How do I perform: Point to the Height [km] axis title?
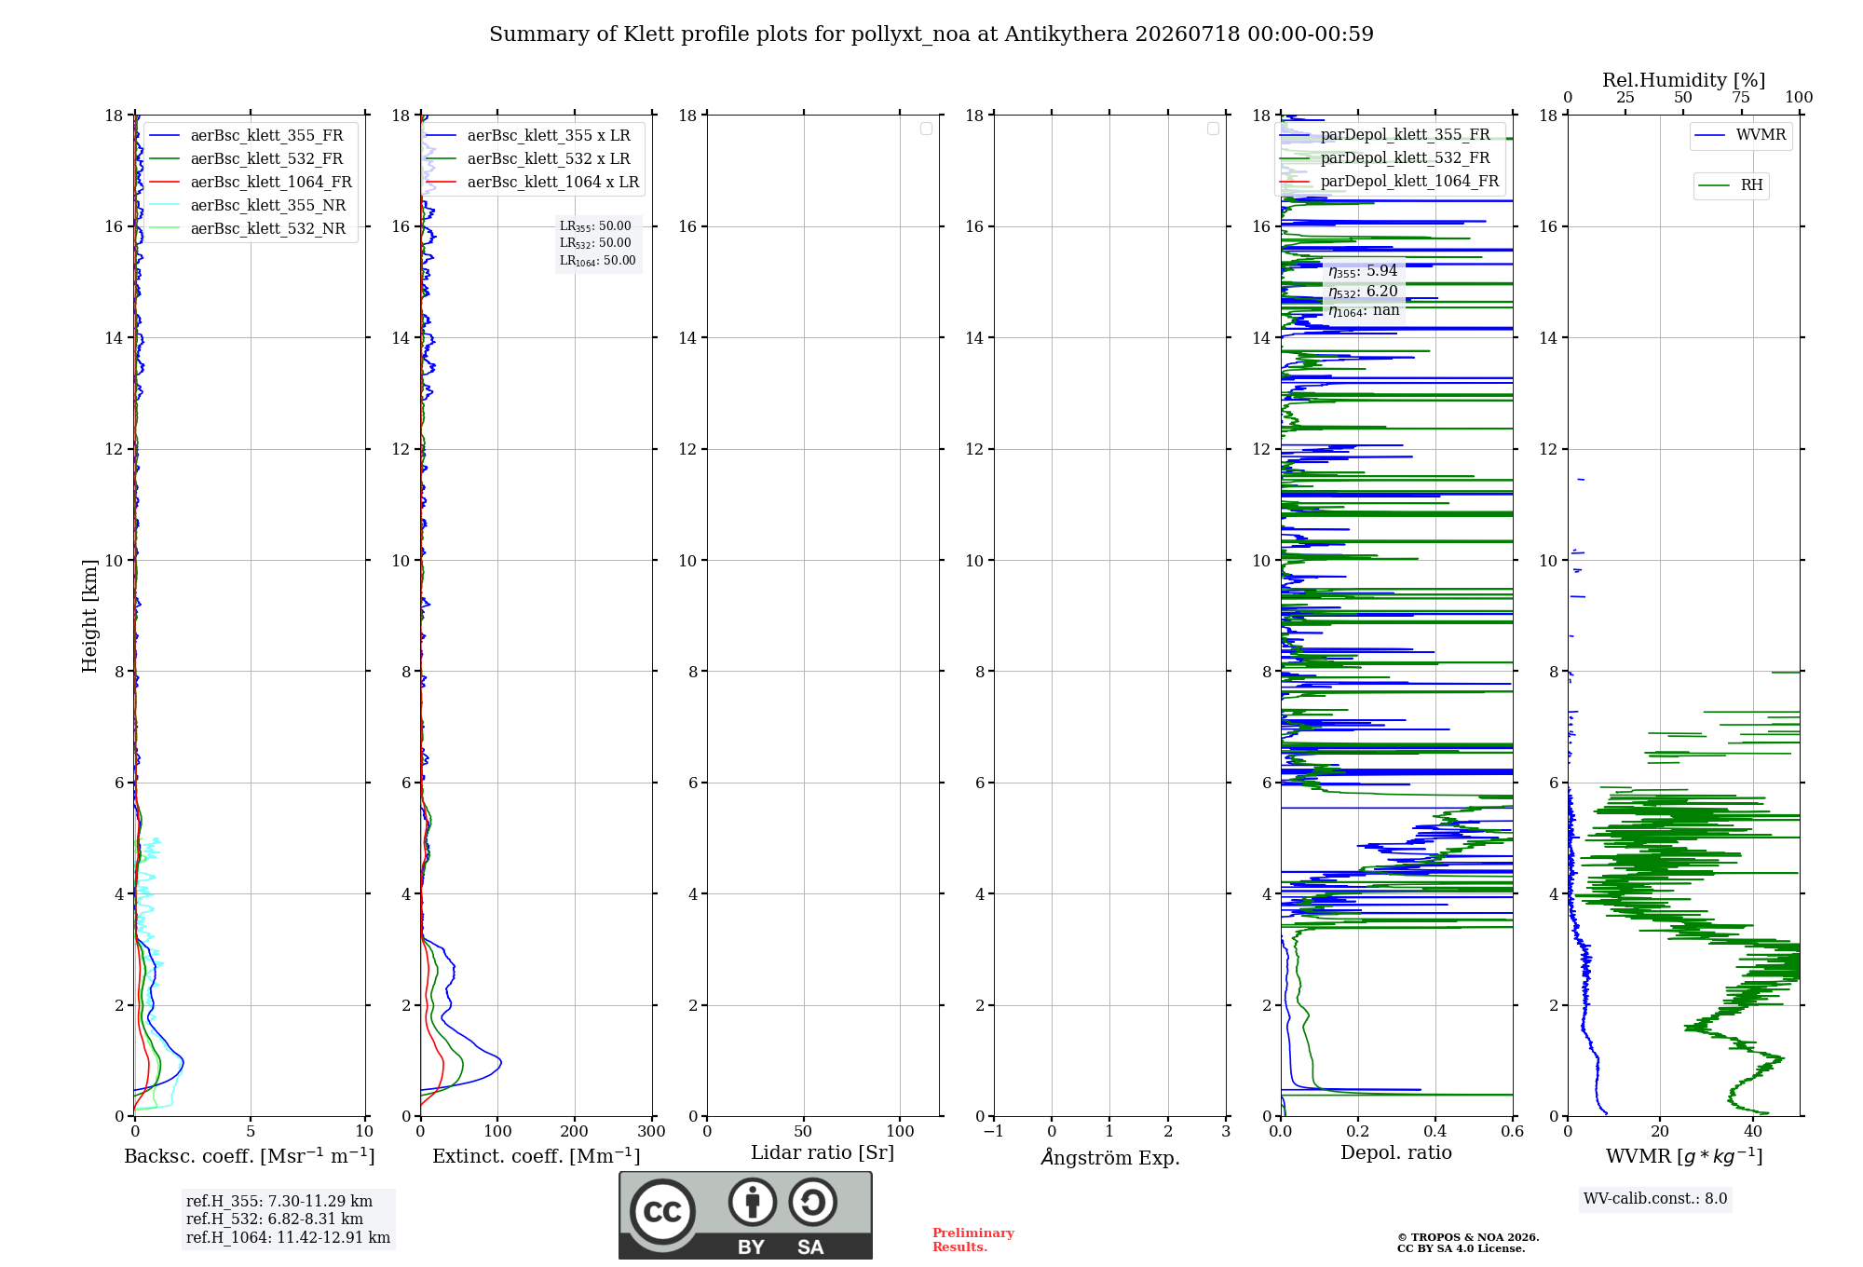pyautogui.click(x=89, y=616)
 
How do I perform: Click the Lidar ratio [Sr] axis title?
pyautogui.click(x=823, y=1152)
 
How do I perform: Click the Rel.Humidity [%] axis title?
pyautogui.click(x=1683, y=80)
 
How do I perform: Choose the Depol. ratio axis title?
pyautogui.click(x=1396, y=1152)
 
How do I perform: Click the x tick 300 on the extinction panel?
pyautogui.click(x=651, y=1131)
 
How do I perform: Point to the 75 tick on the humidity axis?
pyautogui.click(x=1740, y=97)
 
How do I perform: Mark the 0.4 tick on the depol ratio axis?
pyautogui.click(x=1435, y=1131)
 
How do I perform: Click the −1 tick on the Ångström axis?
pyautogui.click(x=994, y=1131)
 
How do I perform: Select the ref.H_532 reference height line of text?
pyautogui.click(x=275, y=1219)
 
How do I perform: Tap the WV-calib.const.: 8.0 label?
pyautogui.click(x=1655, y=1199)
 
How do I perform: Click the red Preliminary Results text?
pyautogui.click(x=973, y=1240)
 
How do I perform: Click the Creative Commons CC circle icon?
pyautogui.click(x=662, y=1212)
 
